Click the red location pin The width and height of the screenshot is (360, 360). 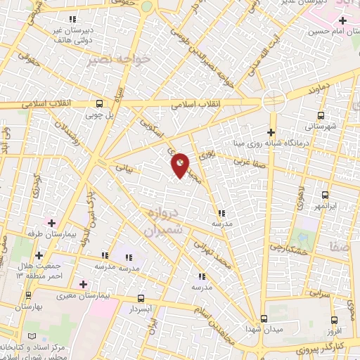click(x=181, y=165)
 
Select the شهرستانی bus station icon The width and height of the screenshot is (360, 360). click(x=321, y=115)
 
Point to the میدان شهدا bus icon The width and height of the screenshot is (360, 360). click(x=264, y=319)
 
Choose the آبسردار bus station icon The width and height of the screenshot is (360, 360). click(x=141, y=298)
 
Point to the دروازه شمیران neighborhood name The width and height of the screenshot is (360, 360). click(x=163, y=220)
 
